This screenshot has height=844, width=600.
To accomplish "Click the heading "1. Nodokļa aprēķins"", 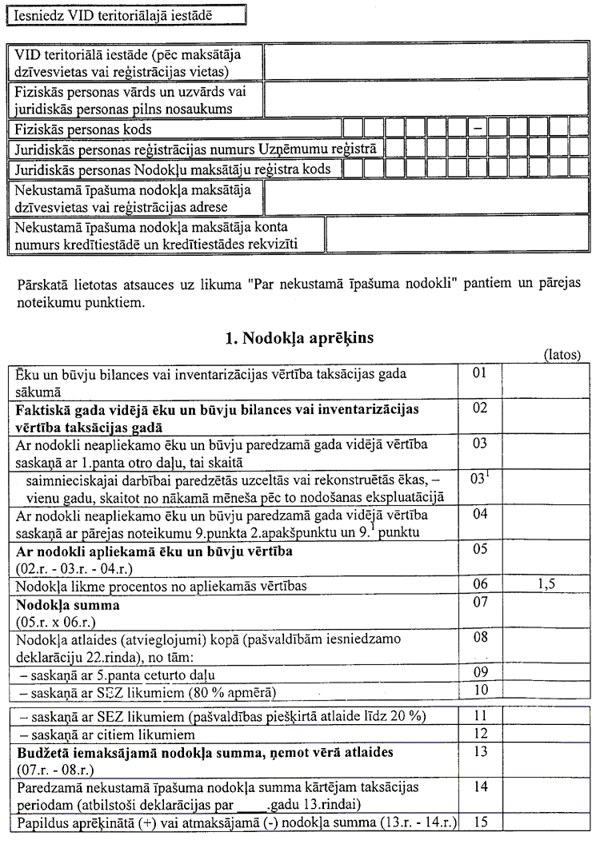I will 299,338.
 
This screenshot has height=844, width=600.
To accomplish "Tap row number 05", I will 480,551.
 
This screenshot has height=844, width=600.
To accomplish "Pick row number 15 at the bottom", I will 480,821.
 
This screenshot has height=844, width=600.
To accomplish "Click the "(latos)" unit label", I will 562,354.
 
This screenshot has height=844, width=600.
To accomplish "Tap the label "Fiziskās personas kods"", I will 83,129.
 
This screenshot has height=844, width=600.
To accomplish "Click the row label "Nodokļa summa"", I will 66,605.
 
